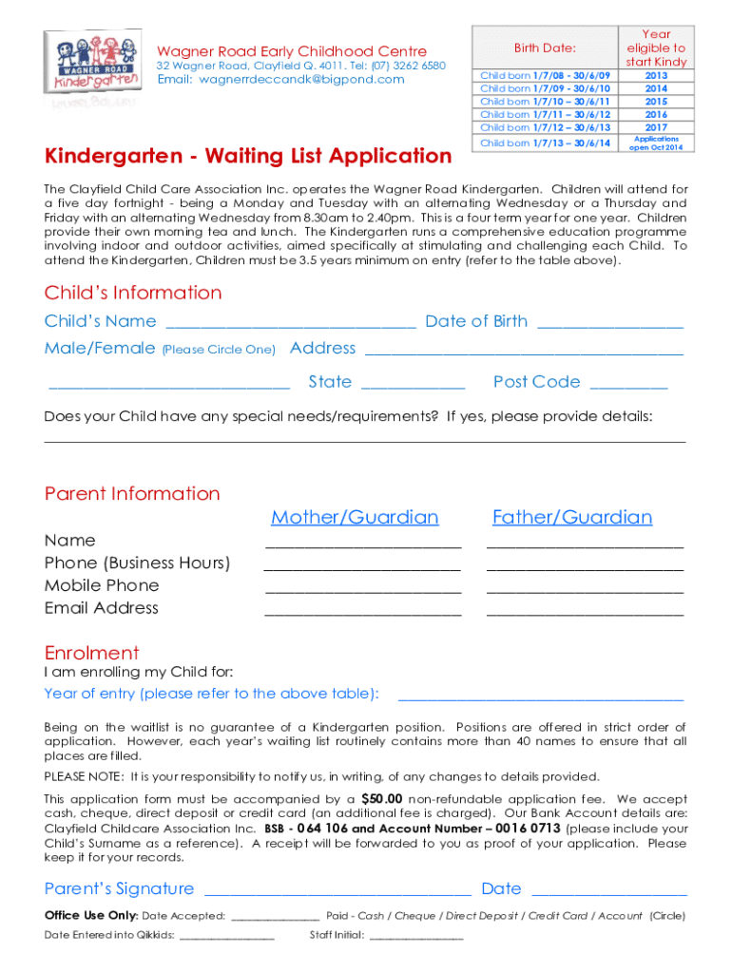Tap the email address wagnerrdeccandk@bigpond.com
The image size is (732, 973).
280,79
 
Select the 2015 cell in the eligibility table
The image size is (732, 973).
656,101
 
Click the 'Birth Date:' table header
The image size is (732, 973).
545,48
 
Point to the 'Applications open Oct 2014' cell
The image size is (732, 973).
656,143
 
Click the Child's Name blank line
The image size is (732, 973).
290,325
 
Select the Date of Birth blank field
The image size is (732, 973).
610,325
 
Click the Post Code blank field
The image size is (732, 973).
628,386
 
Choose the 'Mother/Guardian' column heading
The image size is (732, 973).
355,517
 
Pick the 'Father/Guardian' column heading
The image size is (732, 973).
572,517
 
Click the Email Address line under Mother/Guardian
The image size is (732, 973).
362,613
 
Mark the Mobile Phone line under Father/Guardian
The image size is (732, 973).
585,590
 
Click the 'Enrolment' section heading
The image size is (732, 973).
92,653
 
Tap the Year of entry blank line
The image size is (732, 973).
539,697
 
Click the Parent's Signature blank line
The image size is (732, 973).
337,893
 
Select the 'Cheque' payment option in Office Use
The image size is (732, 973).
414,916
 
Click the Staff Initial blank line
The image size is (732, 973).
415,938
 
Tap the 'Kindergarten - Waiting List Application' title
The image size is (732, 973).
248,155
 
